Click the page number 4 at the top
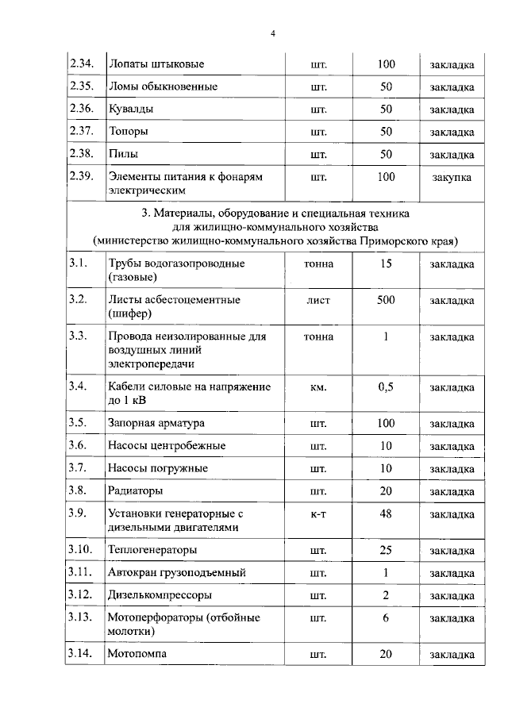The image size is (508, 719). click(x=272, y=33)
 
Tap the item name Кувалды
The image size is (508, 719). click(x=131, y=109)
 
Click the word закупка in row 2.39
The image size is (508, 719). click(x=452, y=177)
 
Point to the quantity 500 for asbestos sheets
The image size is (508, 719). click(x=386, y=300)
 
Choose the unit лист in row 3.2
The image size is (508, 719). click(x=317, y=301)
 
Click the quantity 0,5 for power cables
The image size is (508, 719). click(x=386, y=386)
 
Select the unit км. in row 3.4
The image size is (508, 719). click(x=317, y=387)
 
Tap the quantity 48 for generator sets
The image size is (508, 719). click(x=386, y=513)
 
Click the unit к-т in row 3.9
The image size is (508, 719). click(x=317, y=514)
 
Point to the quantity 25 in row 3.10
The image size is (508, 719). click(x=386, y=549)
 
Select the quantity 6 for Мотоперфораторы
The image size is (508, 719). click(x=386, y=618)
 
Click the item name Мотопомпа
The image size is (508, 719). click(x=138, y=655)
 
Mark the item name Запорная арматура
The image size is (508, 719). click(x=156, y=423)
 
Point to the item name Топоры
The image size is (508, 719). click(x=129, y=131)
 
